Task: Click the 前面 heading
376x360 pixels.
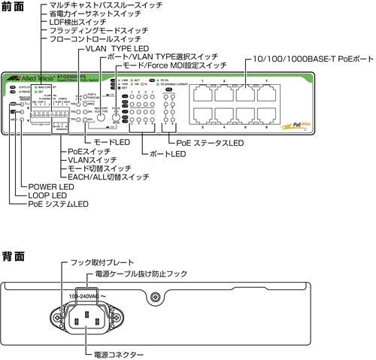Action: click(x=13, y=6)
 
